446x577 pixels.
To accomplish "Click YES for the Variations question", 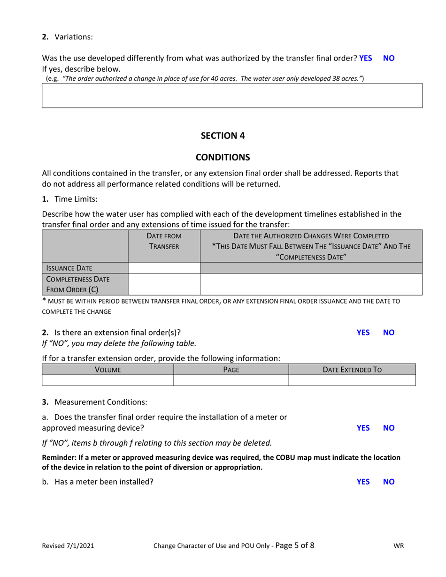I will click(365, 58).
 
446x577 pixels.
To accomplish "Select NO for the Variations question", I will click(389, 58).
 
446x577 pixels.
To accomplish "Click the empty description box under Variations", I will click(232, 96).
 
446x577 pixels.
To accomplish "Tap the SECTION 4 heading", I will click(223, 136).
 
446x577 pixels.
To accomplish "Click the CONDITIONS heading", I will click(223, 157).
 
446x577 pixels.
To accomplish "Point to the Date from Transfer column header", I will click(164, 241).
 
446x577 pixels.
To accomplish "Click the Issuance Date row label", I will click(69, 268).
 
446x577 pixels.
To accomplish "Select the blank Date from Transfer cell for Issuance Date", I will click(164, 268).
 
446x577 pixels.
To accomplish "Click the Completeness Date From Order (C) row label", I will click(77, 284).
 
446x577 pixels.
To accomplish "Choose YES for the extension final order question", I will click(363, 333).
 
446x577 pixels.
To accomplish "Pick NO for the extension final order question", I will click(389, 333).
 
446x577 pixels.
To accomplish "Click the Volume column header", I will click(108, 370).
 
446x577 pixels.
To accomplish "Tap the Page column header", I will click(231, 370).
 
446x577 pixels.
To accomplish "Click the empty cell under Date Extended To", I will click(352, 380).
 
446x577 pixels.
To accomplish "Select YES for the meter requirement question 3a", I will click(363, 428).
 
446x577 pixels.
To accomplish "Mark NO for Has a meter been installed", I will click(389, 482).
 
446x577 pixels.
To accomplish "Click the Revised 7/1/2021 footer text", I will click(68, 546).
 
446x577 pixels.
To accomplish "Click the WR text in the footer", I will click(399, 546).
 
